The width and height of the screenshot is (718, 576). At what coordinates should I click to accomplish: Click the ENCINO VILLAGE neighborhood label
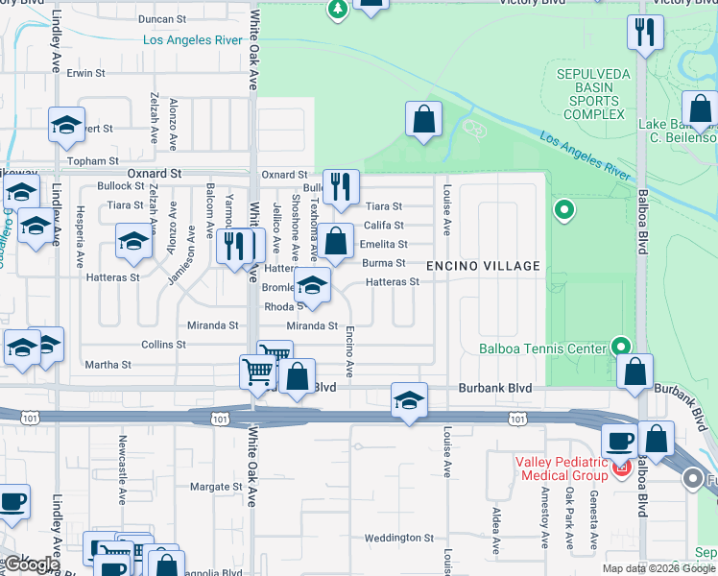click(x=483, y=265)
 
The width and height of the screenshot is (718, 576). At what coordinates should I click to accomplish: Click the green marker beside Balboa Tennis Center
click(x=621, y=347)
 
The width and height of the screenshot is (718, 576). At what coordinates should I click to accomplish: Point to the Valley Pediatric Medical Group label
click(x=562, y=468)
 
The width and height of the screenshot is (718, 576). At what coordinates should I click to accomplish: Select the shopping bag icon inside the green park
click(x=422, y=120)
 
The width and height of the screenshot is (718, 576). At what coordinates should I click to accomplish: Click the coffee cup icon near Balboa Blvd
click(x=619, y=442)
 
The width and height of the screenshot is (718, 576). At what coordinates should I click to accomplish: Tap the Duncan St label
click(x=161, y=19)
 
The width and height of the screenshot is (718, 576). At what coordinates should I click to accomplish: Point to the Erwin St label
click(x=85, y=73)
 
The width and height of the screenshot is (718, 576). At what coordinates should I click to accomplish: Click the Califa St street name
click(x=384, y=226)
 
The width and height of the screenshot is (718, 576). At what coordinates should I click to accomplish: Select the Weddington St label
click(x=400, y=538)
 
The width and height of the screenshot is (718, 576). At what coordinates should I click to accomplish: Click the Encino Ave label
click(x=350, y=350)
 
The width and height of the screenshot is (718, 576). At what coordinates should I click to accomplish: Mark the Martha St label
click(x=108, y=365)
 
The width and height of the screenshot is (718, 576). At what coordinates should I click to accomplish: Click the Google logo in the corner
click(x=31, y=564)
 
